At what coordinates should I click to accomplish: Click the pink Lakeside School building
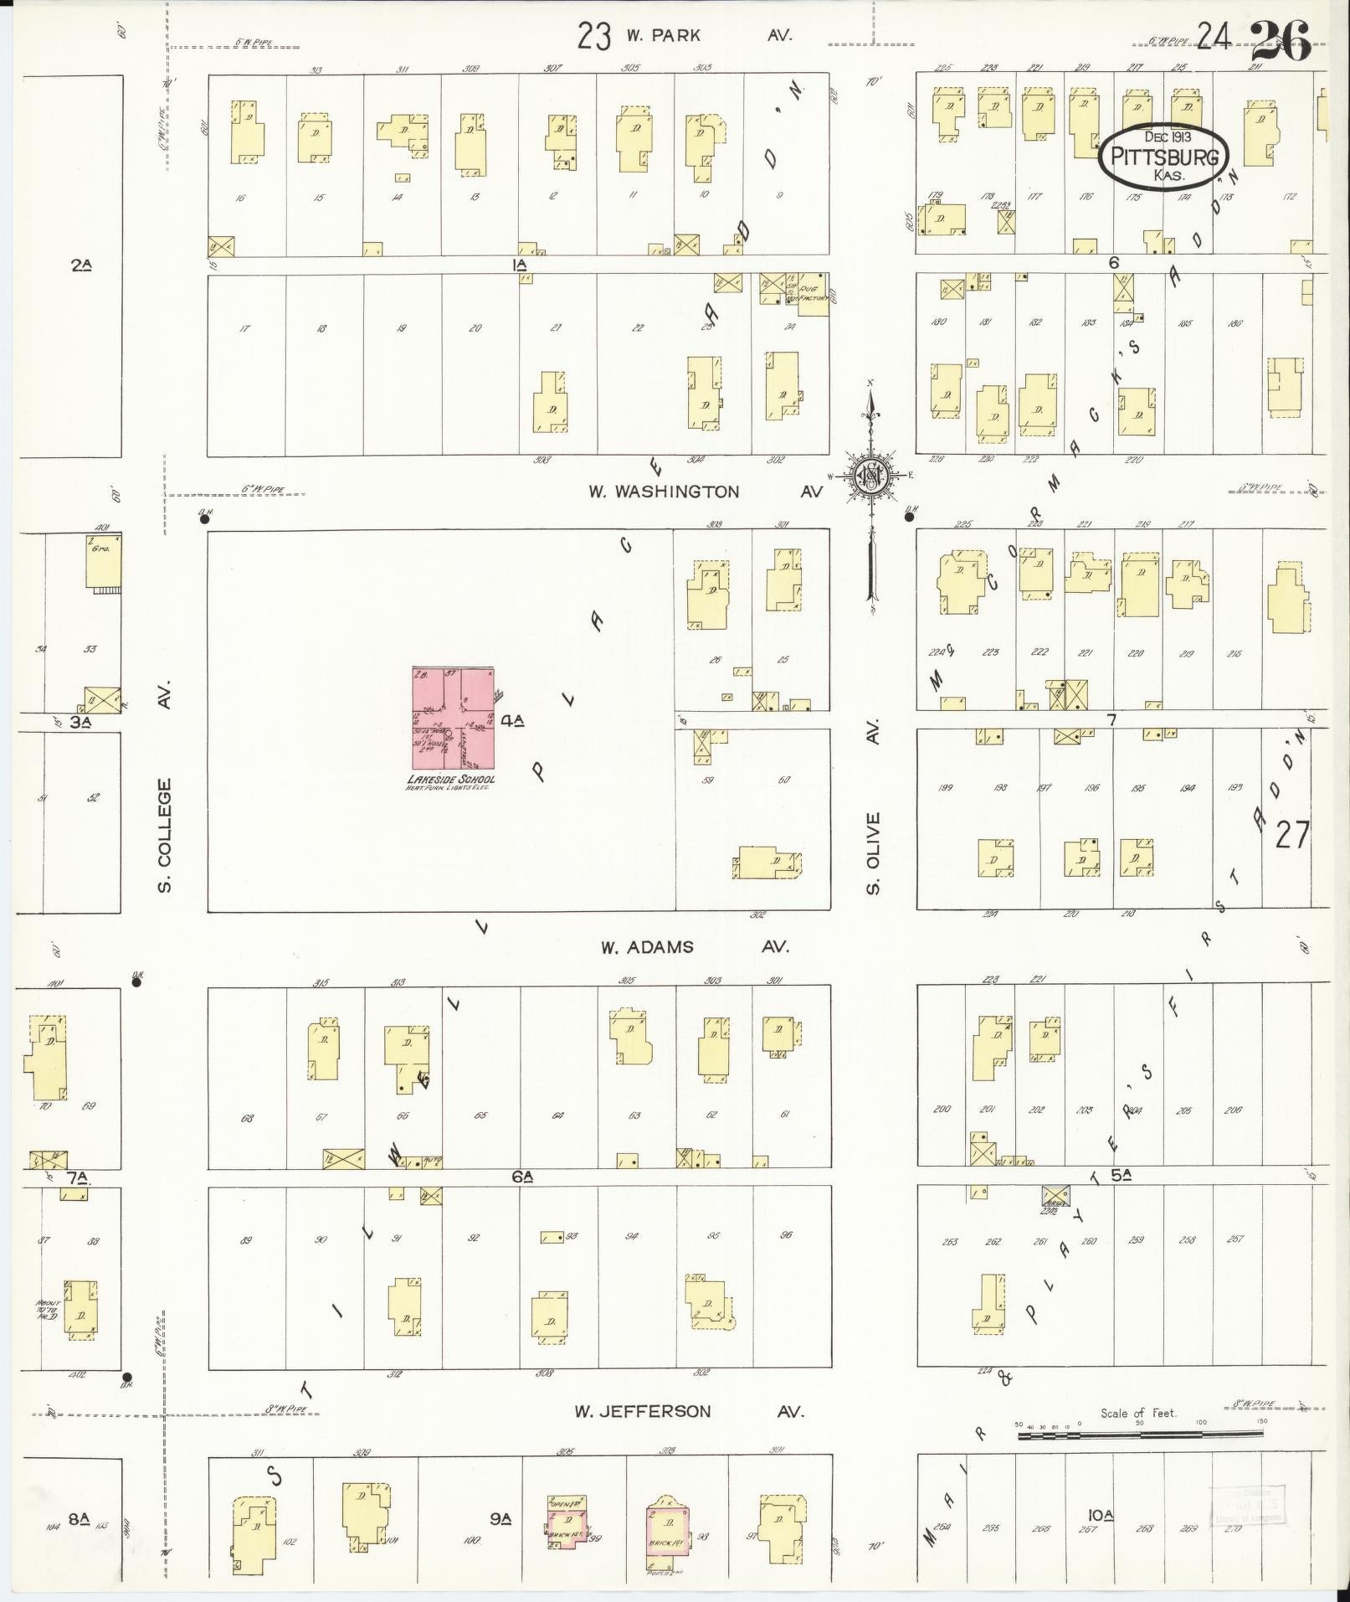point(452,719)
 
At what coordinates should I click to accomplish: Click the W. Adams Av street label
point(695,947)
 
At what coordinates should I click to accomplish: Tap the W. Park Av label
point(707,35)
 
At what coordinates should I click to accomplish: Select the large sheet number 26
point(1281,39)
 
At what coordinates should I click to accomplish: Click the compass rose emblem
point(871,476)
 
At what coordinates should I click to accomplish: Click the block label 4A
point(512,719)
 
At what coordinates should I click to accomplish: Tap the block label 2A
point(80,265)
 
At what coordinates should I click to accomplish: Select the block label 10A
point(1101,1514)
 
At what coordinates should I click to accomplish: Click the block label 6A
point(523,1177)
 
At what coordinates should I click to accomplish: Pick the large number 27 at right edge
point(1292,834)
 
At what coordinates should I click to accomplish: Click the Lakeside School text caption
point(450,779)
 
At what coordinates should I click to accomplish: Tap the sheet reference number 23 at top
point(593,36)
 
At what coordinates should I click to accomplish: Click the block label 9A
point(500,1517)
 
